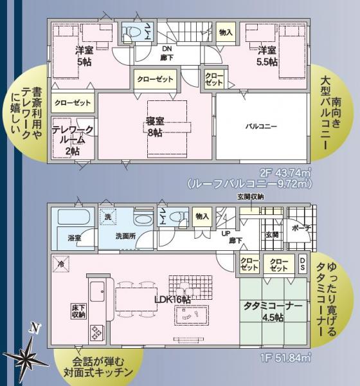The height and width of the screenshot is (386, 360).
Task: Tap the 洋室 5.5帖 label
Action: (x=267, y=56)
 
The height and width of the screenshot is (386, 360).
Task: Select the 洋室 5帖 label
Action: (x=84, y=56)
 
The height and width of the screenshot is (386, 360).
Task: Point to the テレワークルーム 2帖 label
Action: (x=72, y=140)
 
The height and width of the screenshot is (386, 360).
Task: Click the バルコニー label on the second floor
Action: (x=260, y=127)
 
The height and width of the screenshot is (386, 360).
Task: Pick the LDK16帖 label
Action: (x=172, y=300)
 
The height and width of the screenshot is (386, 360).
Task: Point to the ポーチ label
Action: (x=300, y=228)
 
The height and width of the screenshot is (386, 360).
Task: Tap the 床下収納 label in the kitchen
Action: (x=79, y=311)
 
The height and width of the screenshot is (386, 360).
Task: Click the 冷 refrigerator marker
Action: (x=60, y=264)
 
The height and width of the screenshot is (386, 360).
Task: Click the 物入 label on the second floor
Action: (x=226, y=32)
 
